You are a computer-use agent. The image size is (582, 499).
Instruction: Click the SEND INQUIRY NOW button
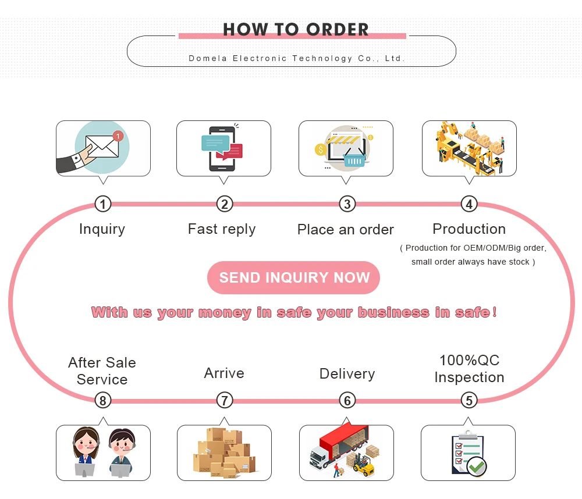click(x=293, y=278)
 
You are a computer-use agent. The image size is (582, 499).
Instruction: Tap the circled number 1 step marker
click(x=102, y=204)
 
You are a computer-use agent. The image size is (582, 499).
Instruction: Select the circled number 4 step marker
click(x=469, y=204)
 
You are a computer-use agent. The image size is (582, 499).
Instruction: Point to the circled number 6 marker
click(x=347, y=401)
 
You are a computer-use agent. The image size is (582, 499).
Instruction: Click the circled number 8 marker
click(x=102, y=401)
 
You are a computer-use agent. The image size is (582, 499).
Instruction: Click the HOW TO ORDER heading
click(x=296, y=29)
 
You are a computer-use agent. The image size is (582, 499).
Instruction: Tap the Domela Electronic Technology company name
click(x=296, y=58)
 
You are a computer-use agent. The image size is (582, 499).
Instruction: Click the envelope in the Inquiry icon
click(x=102, y=148)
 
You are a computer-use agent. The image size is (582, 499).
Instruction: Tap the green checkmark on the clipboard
click(x=477, y=466)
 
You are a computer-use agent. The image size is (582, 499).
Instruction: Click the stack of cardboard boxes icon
click(x=224, y=453)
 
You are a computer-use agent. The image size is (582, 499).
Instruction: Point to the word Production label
click(x=469, y=229)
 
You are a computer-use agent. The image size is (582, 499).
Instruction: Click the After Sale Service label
click(x=102, y=371)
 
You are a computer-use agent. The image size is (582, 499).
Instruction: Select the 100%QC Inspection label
click(x=469, y=369)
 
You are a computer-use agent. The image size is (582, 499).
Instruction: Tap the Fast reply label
click(x=222, y=229)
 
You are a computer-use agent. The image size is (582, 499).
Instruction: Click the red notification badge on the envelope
click(x=118, y=136)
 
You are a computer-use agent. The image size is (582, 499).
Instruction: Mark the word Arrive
click(x=224, y=373)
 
